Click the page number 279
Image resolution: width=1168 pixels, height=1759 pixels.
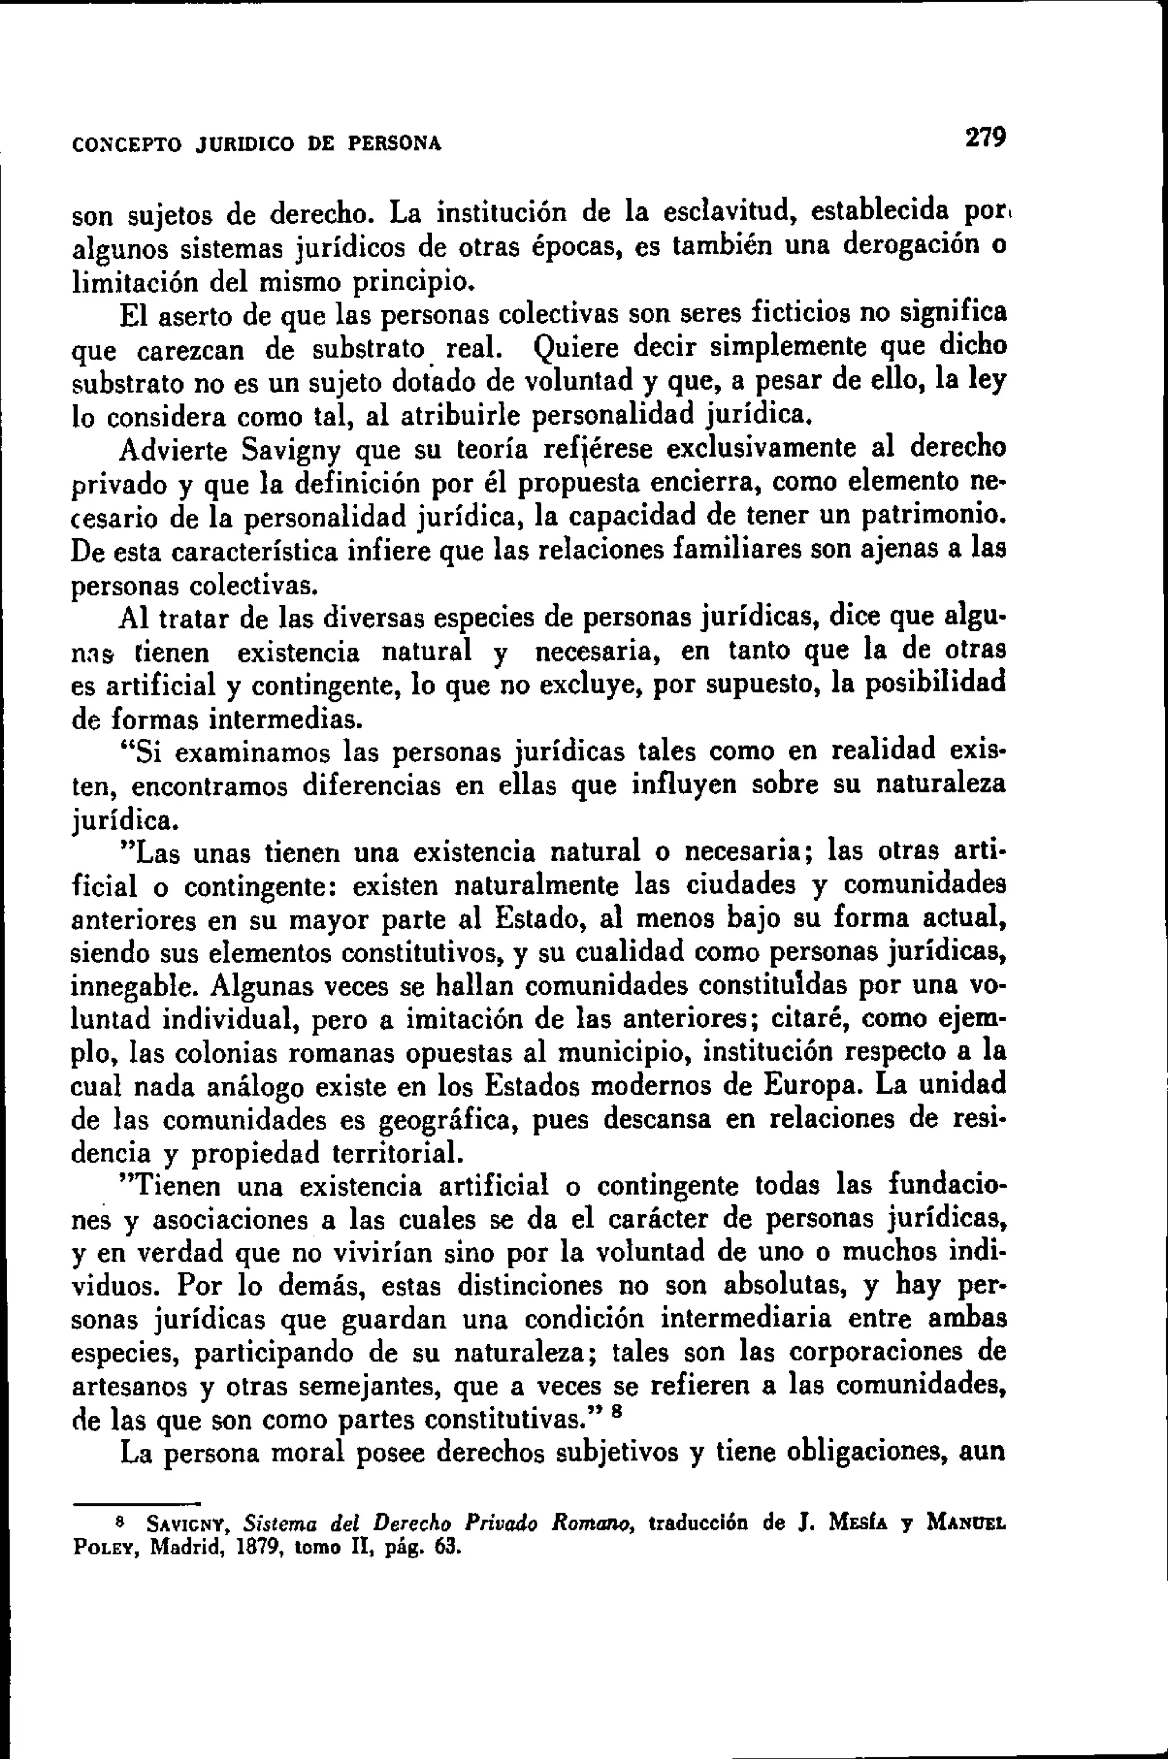point(985,138)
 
